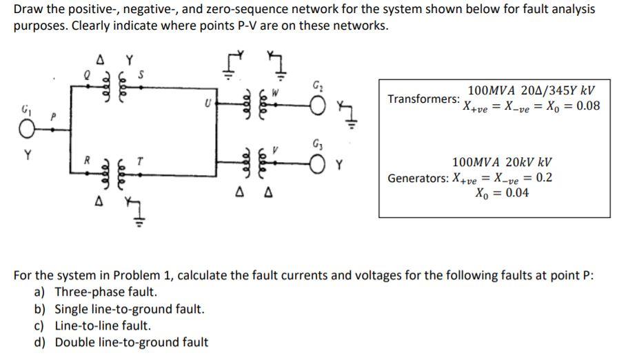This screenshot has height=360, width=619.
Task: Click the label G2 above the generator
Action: pyautogui.click(x=318, y=86)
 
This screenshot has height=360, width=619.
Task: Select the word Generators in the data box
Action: pyautogui.click(x=418, y=178)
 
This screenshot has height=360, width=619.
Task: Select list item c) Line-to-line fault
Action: pyautogui.click(x=102, y=326)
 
